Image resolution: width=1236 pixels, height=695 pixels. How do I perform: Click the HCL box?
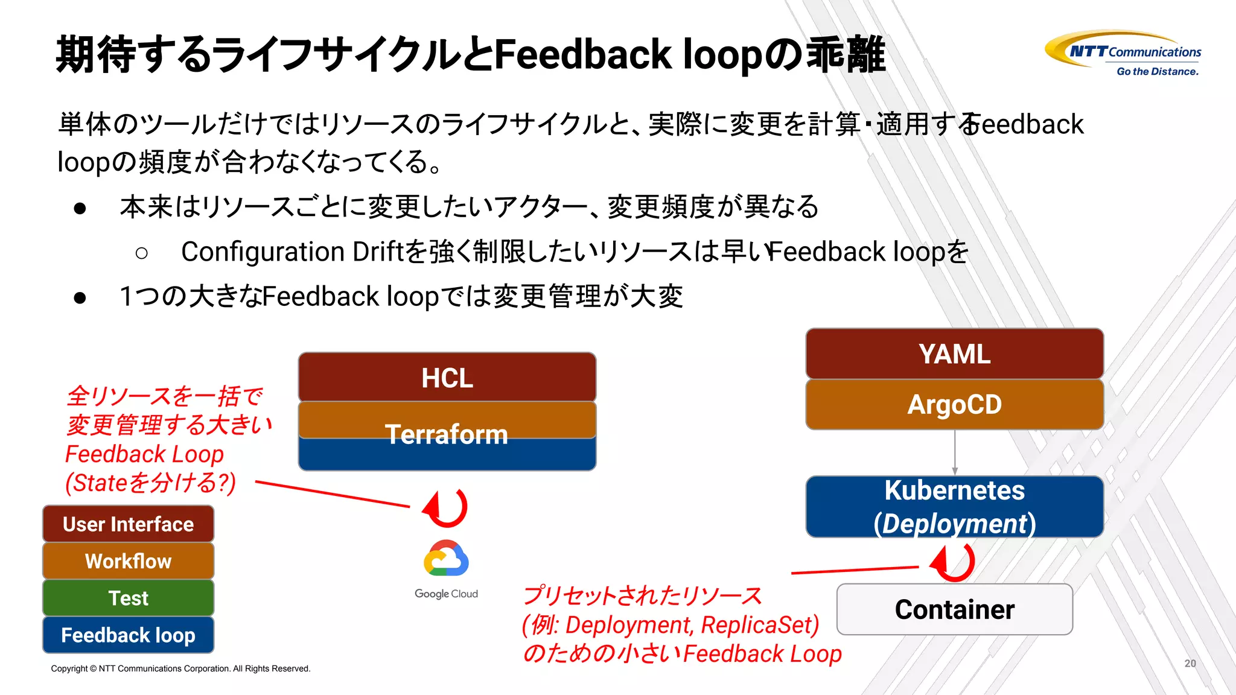point(447,378)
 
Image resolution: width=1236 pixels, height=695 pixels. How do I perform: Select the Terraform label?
point(447,434)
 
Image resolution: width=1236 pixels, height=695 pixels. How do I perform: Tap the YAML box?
point(954,354)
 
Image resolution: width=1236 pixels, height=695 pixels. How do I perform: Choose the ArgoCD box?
point(954,404)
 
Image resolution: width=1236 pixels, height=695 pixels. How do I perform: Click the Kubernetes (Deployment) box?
point(954,507)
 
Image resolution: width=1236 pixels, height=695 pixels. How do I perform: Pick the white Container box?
point(954,609)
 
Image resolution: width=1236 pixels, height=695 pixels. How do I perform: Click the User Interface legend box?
point(128,524)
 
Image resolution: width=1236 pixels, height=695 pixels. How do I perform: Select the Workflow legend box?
point(128,561)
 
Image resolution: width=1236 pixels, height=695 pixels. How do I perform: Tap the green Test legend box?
point(128,598)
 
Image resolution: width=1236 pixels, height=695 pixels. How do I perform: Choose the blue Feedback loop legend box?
point(128,635)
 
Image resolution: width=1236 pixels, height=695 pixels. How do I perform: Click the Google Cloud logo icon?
point(446,558)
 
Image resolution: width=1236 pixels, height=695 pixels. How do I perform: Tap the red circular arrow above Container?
point(954,562)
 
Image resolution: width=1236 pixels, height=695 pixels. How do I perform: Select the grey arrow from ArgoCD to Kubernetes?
point(955,452)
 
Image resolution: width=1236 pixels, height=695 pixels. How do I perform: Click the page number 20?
point(1190,663)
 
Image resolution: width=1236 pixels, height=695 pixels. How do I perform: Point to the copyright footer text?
point(180,668)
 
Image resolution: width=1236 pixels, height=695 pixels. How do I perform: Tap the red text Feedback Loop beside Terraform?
point(144,454)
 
